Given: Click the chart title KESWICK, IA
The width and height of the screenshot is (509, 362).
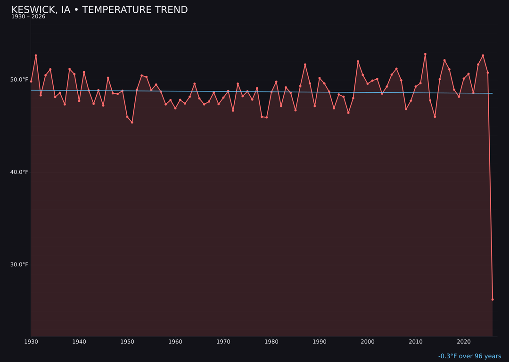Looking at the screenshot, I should click(99, 10).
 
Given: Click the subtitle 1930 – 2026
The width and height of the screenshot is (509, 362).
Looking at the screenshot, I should click(28, 16).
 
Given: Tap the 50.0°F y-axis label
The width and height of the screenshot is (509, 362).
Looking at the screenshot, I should click(19, 80).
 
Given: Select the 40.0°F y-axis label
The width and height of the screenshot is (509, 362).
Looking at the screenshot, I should click(19, 172).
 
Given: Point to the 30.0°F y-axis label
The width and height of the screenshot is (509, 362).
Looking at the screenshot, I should click(19, 264).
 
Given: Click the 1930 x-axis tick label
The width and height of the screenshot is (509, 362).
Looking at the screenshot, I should click(31, 342).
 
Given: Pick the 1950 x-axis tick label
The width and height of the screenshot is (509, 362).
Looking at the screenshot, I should click(127, 342).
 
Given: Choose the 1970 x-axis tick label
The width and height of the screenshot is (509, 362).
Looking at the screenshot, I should click(223, 342).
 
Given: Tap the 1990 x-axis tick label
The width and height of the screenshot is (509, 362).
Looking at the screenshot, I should click(320, 342).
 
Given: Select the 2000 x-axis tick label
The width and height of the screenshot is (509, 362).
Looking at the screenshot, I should click(368, 342).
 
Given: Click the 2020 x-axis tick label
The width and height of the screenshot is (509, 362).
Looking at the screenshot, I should click(464, 342).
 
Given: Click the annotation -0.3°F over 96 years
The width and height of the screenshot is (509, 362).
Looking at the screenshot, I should click(469, 356).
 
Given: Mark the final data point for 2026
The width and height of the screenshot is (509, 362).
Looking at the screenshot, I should click(493, 299).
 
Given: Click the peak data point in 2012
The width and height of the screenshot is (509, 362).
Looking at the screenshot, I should click(425, 54).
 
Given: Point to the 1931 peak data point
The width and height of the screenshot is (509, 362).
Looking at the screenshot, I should click(36, 56).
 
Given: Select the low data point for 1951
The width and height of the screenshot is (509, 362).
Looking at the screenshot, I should click(132, 123).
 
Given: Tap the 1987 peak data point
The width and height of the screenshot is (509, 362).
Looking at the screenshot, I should click(305, 65).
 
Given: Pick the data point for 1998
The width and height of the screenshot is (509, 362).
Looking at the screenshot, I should click(358, 61).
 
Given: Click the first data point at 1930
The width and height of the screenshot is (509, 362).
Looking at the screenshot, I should click(31, 82).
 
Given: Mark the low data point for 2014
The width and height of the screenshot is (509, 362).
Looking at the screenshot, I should click(435, 116).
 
